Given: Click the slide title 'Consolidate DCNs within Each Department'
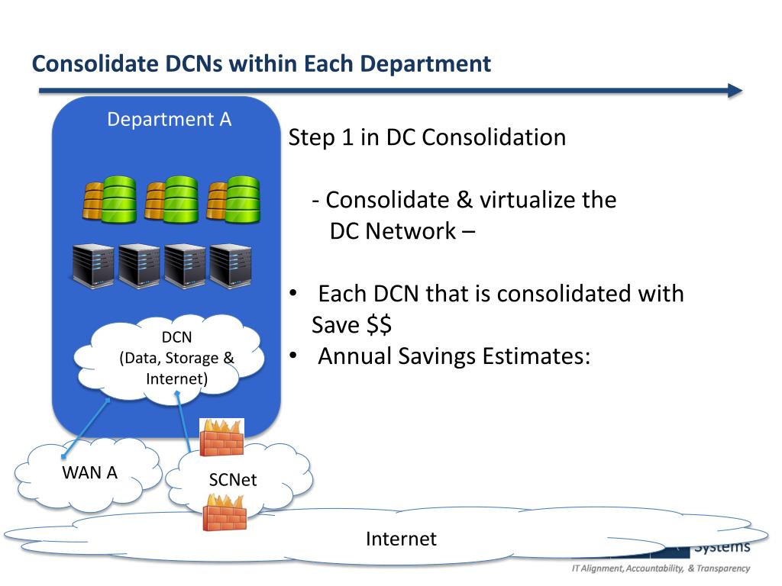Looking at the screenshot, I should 261,63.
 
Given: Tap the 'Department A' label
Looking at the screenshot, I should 169,120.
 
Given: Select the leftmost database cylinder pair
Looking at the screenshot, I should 109,198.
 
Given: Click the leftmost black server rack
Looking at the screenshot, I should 92,265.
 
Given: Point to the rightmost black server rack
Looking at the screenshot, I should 231,265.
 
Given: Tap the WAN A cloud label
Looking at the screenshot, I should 89,472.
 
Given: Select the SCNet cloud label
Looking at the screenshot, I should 233,480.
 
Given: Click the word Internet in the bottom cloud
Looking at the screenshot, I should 401,539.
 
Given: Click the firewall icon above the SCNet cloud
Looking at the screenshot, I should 221,437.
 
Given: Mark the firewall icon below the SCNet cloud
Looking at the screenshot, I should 225,511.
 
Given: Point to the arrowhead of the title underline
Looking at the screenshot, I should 735,91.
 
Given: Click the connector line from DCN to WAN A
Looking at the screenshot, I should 86,428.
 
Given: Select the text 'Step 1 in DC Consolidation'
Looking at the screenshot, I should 428,138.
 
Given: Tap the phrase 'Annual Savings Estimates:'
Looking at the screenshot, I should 454,356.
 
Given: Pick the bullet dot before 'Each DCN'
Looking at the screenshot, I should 292,295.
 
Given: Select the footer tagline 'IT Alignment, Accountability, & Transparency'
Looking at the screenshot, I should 661,568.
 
